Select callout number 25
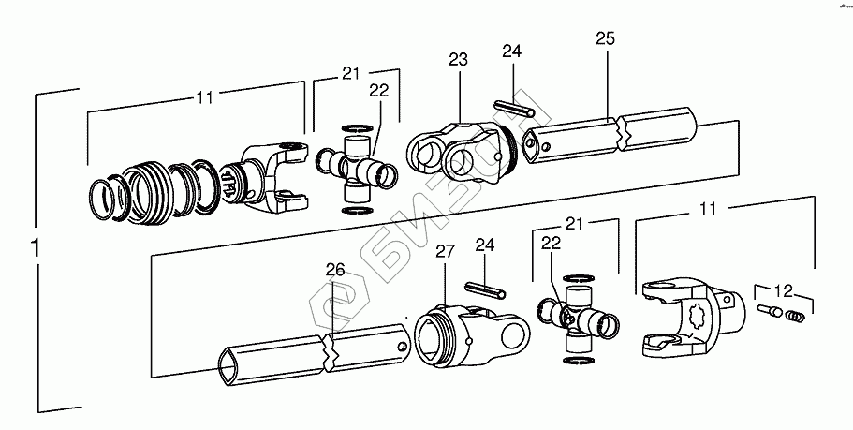[605, 40]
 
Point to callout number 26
[335, 271]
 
